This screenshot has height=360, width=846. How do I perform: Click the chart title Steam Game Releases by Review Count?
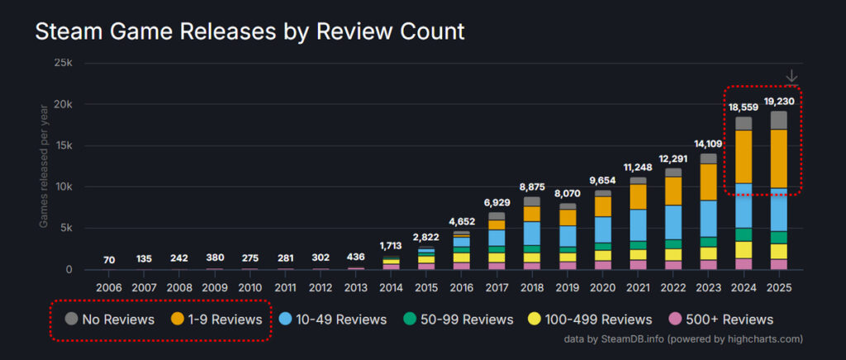[x=249, y=32]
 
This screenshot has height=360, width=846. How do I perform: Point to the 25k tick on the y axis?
[x=62, y=64]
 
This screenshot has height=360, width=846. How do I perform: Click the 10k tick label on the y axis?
[x=62, y=187]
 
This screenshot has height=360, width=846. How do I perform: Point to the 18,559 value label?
[x=744, y=107]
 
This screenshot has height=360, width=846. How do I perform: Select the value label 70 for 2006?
[x=109, y=260]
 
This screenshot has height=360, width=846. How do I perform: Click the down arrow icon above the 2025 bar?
[x=791, y=76]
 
